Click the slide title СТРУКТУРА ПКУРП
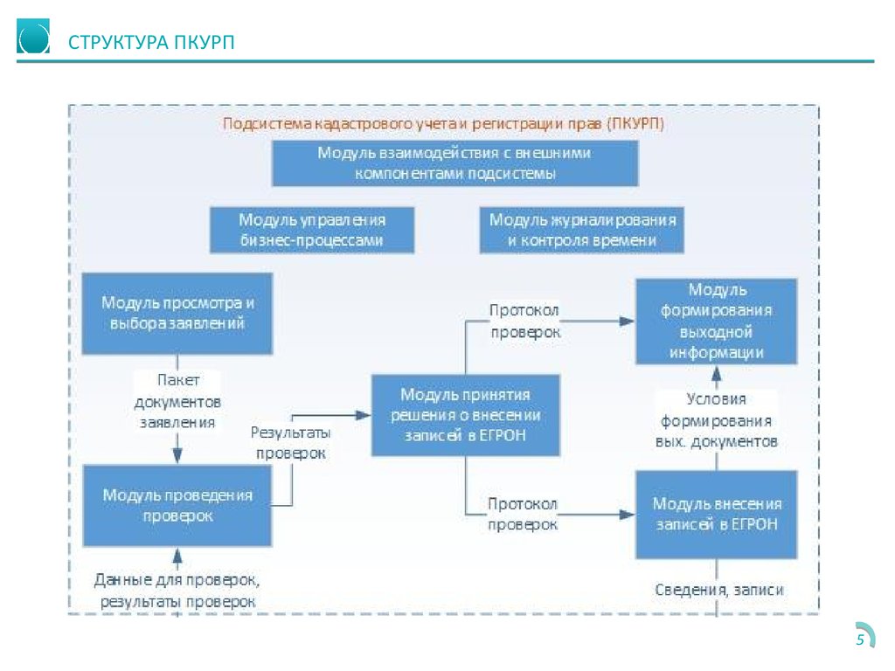coord(151,42)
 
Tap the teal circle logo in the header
coord(33,36)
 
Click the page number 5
coord(860,640)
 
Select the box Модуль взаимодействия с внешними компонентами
coord(454,163)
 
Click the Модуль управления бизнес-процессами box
coord(312,230)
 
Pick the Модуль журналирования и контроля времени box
coord(581,230)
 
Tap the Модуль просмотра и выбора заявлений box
coord(177,314)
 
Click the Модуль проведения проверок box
coord(177,506)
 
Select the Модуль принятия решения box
coord(465,415)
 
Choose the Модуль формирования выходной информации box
coord(717,322)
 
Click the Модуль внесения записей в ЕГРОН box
coord(717,515)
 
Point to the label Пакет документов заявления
coord(177,401)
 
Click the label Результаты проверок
coord(290,443)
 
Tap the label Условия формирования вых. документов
coord(717,420)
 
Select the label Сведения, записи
coord(719,590)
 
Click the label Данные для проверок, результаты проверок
coord(177,591)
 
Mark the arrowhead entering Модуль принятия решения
coord(364,415)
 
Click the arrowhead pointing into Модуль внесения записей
coord(628,515)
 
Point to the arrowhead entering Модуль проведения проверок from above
coord(177,455)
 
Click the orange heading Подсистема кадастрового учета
coord(443,124)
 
